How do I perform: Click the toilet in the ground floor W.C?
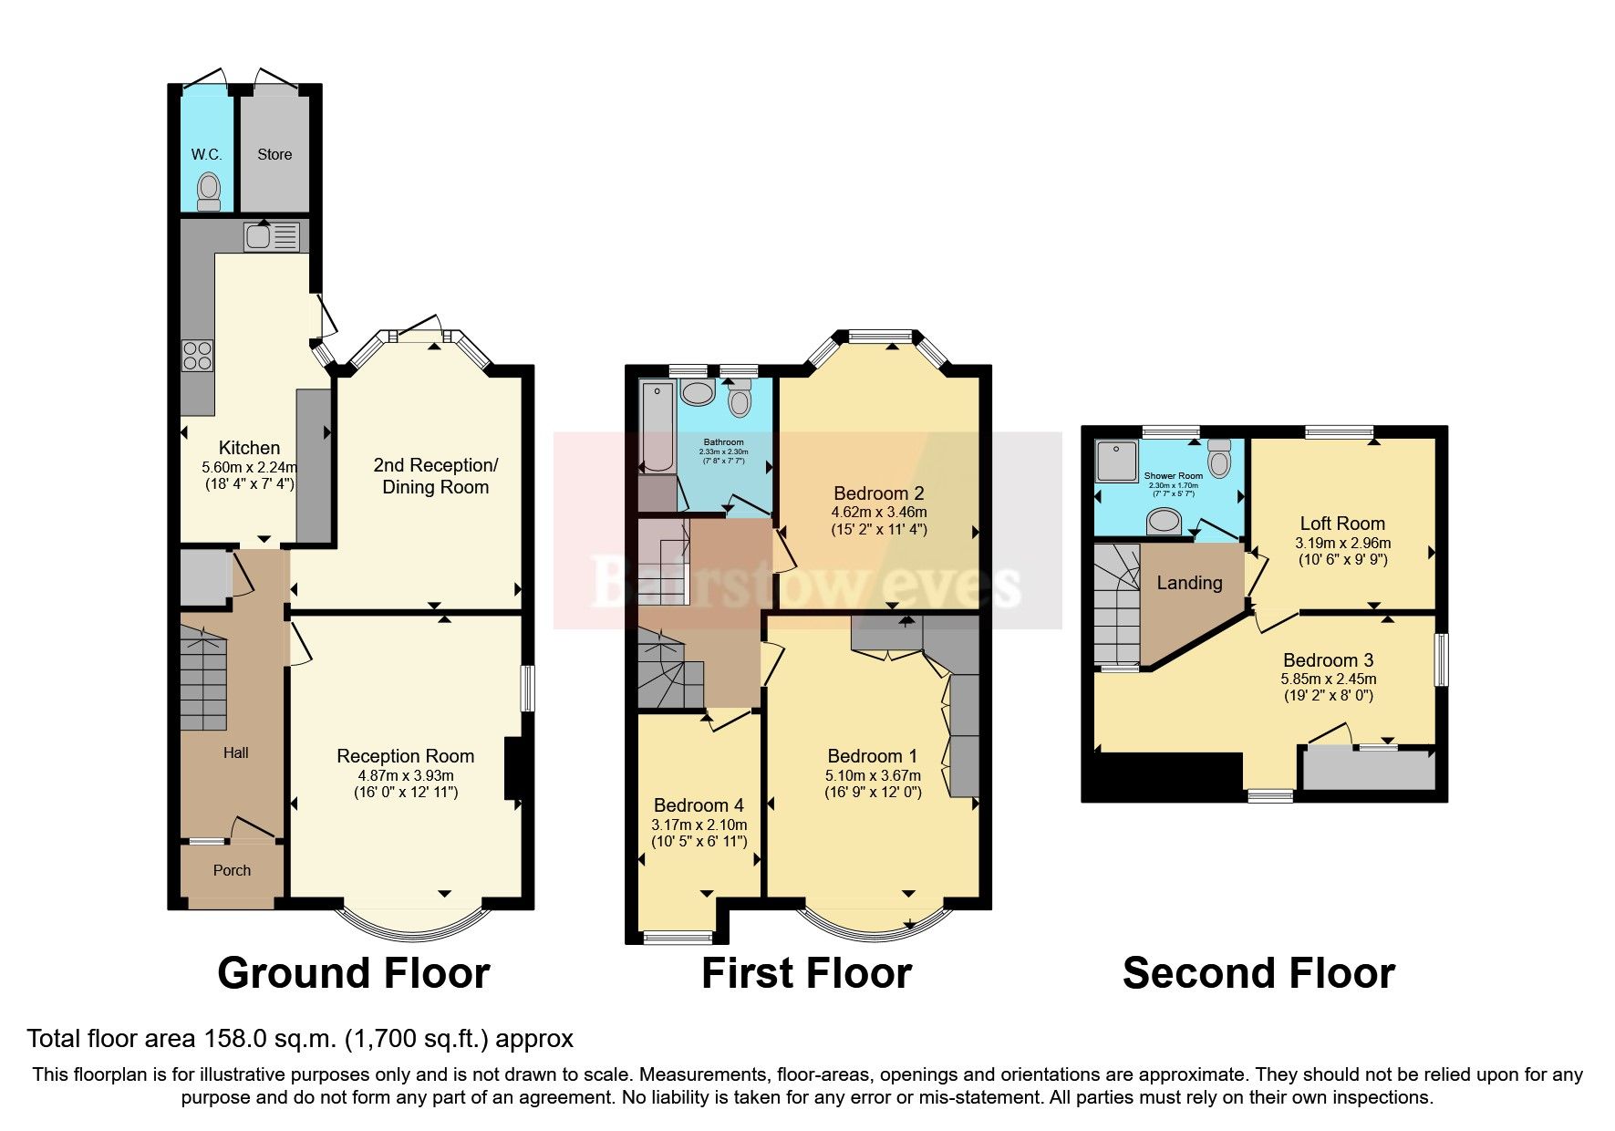pos(209,191)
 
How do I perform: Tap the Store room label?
pos(274,154)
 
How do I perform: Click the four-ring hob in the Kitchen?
pos(197,355)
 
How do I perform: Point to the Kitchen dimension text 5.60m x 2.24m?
pos(249,466)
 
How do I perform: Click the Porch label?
pos(232,870)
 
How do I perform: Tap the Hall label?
pos(235,752)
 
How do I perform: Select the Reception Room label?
pos(405,756)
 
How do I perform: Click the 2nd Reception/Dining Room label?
pos(435,475)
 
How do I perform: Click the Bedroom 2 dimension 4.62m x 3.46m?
pos(878,512)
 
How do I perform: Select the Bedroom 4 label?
pos(699,805)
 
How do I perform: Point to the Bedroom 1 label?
pos(872,756)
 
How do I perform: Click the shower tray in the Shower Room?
pos(1116,461)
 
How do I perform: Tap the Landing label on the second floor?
pos(1189,583)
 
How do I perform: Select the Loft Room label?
pos(1341,524)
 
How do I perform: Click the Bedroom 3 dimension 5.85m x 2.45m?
pos(1328,679)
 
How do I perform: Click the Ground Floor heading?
pos(354,973)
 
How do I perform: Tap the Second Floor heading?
pos(1258,973)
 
